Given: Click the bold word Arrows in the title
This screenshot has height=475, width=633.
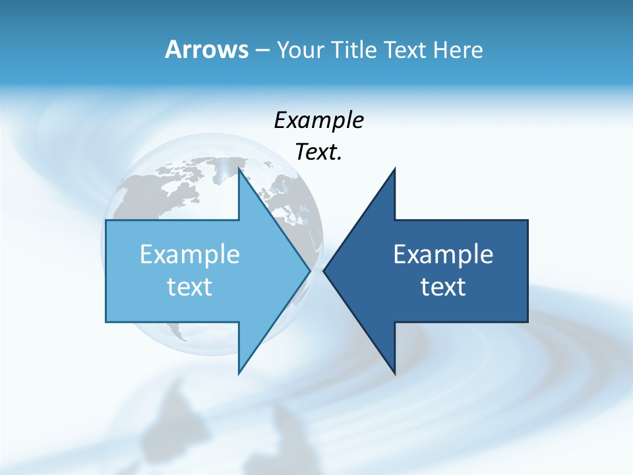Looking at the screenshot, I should click(x=207, y=49).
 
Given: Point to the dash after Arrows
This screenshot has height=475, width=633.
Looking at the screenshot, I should click(x=262, y=50).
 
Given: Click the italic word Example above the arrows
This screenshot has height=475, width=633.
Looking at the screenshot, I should click(x=318, y=120).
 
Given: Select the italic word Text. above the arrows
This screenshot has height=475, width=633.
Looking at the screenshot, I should click(x=318, y=152).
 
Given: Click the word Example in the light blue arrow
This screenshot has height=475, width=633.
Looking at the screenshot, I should click(x=190, y=254).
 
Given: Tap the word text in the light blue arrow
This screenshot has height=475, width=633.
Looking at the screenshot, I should click(x=190, y=286).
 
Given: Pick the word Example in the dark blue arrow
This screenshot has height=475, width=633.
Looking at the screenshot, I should click(x=443, y=254).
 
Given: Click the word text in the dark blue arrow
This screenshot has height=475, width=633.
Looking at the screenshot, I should click(x=443, y=286).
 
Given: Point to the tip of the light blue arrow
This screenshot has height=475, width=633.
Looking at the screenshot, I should click(x=310, y=270).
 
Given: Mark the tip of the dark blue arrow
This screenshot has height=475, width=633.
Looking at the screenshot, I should click(x=324, y=270).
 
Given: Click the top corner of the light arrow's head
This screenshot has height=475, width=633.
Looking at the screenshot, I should click(x=239, y=170).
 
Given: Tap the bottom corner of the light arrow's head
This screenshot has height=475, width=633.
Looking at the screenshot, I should click(x=239, y=373).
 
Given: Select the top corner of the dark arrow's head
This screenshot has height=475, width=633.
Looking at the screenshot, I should click(x=394, y=170).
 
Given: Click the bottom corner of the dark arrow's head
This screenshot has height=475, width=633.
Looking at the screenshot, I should click(x=394, y=373).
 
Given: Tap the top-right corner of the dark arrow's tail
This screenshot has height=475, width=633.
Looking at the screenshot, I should click(x=527, y=220).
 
